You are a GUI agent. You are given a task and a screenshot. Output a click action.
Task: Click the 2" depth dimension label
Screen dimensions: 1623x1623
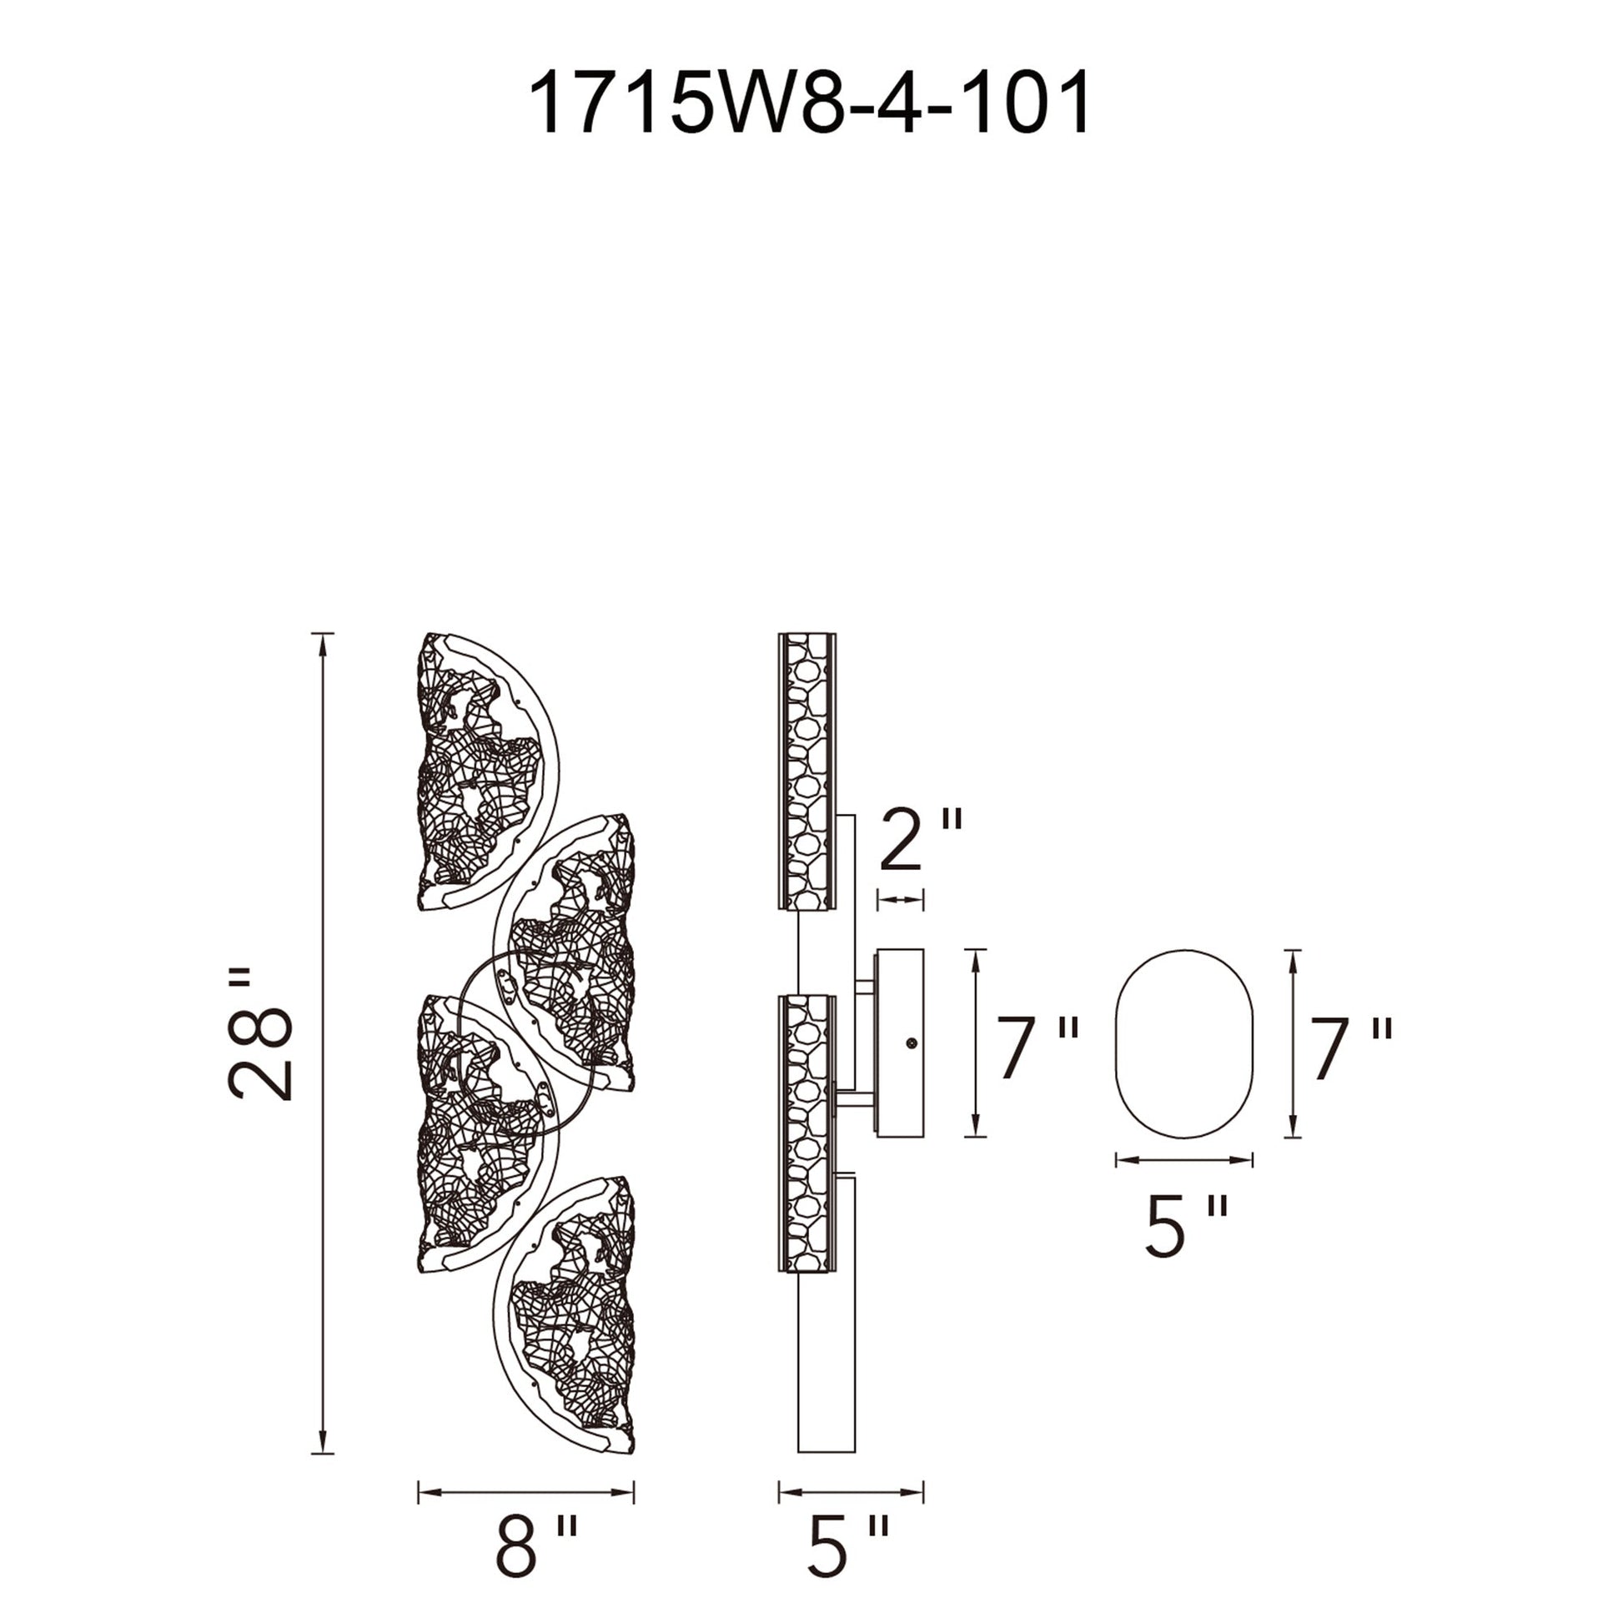coord(920,840)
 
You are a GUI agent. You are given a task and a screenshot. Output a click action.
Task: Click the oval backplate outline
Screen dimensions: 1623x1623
coord(1183,1044)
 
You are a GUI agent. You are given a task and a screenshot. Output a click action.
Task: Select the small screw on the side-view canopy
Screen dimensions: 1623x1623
coord(911,1043)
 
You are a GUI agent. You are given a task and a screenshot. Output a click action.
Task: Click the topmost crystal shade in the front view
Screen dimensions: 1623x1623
coord(479,773)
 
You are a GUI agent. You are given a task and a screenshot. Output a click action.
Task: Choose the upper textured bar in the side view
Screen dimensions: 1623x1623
coord(807,771)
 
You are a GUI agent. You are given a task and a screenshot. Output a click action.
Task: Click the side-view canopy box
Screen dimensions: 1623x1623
coord(900,1043)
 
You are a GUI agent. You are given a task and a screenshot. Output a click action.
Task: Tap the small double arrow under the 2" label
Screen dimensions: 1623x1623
coord(900,900)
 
